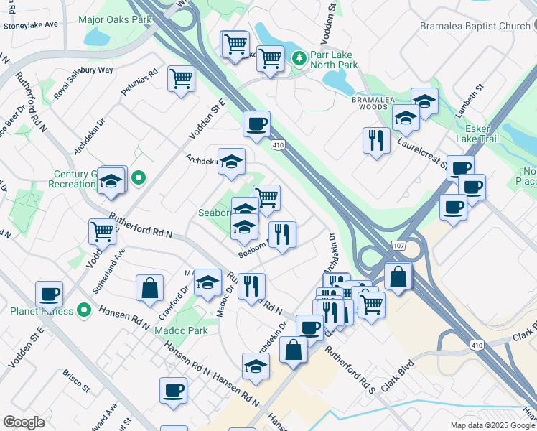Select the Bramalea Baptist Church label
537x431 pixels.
pos(475,26)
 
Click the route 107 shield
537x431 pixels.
pos(398,246)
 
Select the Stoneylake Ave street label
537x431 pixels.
pos(31,24)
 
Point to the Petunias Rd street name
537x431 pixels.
pos(143,83)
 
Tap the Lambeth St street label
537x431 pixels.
pos(470,105)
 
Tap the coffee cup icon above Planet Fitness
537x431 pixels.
pos(50,293)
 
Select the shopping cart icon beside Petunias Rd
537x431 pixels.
pos(182,78)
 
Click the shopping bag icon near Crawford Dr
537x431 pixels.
pos(149,287)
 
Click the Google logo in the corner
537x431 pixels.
pos(24,422)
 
